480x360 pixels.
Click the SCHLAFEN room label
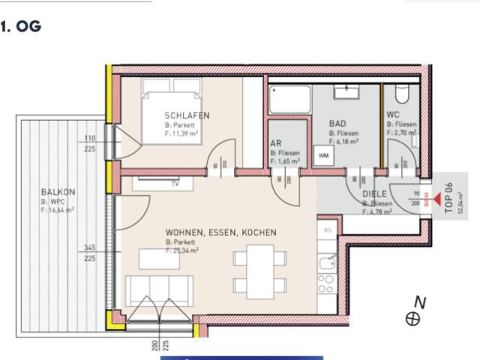click(187, 115)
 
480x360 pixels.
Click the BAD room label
click(337, 123)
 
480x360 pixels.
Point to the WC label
click(394, 115)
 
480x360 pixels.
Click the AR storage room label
click(276, 142)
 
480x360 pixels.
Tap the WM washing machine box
click(324, 155)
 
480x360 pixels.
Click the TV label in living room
click(175, 183)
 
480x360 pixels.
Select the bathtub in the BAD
click(290, 98)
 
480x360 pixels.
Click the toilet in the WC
click(401, 94)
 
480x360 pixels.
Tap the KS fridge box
click(327, 230)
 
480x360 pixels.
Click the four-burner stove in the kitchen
click(326, 284)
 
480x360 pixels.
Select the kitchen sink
click(327, 262)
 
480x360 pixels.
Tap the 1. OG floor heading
click(22, 27)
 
